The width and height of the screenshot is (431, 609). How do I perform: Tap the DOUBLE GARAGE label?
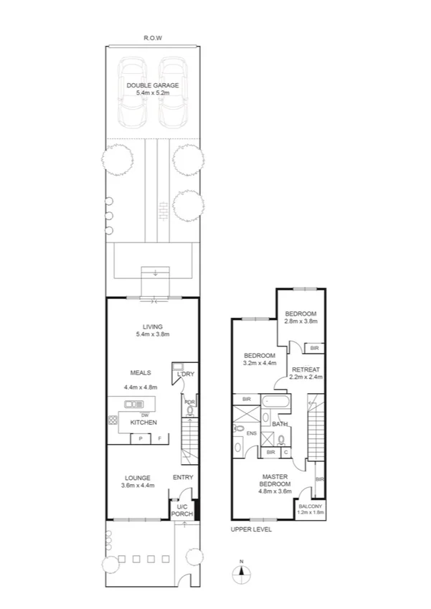(x=153, y=85)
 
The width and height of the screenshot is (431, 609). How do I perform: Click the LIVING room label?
(x=152, y=326)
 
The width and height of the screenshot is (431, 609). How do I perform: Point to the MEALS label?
(x=140, y=373)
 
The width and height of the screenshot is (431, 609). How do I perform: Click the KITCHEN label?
(x=143, y=422)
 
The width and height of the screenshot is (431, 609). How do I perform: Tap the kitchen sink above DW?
(x=134, y=405)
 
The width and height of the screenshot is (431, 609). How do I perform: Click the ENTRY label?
(x=183, y=478)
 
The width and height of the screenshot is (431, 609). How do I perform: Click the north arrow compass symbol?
(x=242, y=572)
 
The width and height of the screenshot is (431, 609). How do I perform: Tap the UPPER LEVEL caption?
(x=251, y=529)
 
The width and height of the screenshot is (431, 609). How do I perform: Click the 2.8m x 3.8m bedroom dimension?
(x=300, y=321)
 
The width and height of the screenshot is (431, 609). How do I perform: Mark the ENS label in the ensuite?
(x=250, y=433)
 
